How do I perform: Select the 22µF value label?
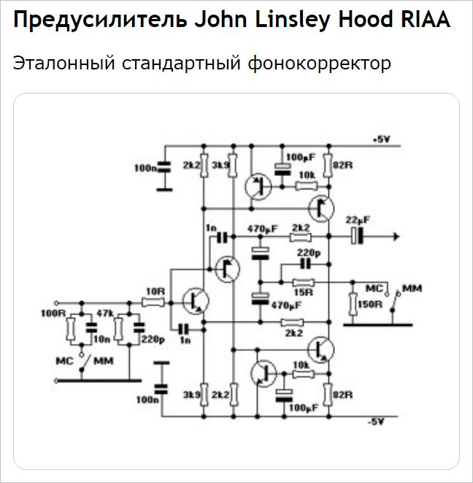(x=358, y=220)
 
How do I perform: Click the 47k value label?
(x=106, y=313)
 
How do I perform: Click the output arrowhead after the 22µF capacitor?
(x=395, y=236)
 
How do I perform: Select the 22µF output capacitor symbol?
(x=355, y=236)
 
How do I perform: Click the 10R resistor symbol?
(x=153, y=300)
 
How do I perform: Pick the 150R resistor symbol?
(x=353, y=303)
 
